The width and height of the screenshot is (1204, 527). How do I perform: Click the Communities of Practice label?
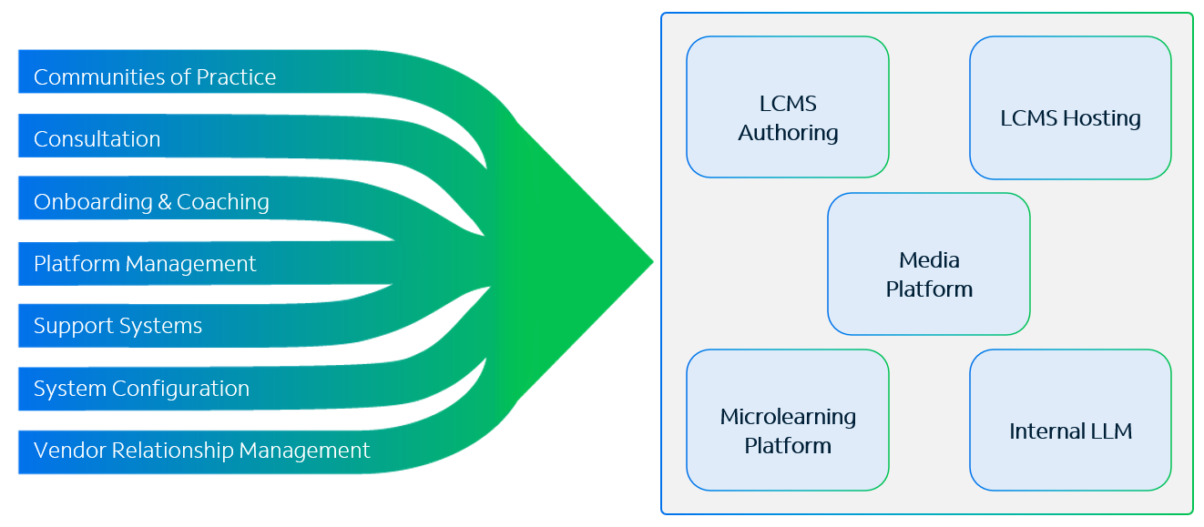tap(155, 77)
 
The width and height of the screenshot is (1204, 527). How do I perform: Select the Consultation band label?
tap(97, 139)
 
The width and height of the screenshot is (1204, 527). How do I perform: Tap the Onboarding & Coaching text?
tap(151, 202)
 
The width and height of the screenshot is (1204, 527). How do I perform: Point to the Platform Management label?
tap(145, 264)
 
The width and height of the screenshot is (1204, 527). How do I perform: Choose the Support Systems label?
tap(117, 326)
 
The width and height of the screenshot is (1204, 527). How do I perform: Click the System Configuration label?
tap(142, 389)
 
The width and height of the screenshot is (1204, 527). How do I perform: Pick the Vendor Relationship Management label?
tap(202, 451)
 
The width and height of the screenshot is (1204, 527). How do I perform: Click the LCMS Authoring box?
tap(788, 106)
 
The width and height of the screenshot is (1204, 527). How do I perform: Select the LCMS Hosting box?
tap(1071, 107)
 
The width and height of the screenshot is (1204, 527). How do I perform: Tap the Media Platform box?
tap(929, 264)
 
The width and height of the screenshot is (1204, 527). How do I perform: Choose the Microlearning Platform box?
tap(788, 421)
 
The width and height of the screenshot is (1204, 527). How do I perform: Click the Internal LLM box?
tap(1071, 421)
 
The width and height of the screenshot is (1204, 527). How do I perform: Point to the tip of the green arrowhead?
tap(653, 262)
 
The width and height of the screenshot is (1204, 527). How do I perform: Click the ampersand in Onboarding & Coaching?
tap(165, 202)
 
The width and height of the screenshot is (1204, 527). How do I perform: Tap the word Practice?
tap(237, 77)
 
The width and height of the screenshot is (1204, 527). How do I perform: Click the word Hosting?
tap(1102, 118)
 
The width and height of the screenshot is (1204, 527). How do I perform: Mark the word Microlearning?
tap(788, 417)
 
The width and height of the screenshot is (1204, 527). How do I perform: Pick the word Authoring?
tap(788, 133)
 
